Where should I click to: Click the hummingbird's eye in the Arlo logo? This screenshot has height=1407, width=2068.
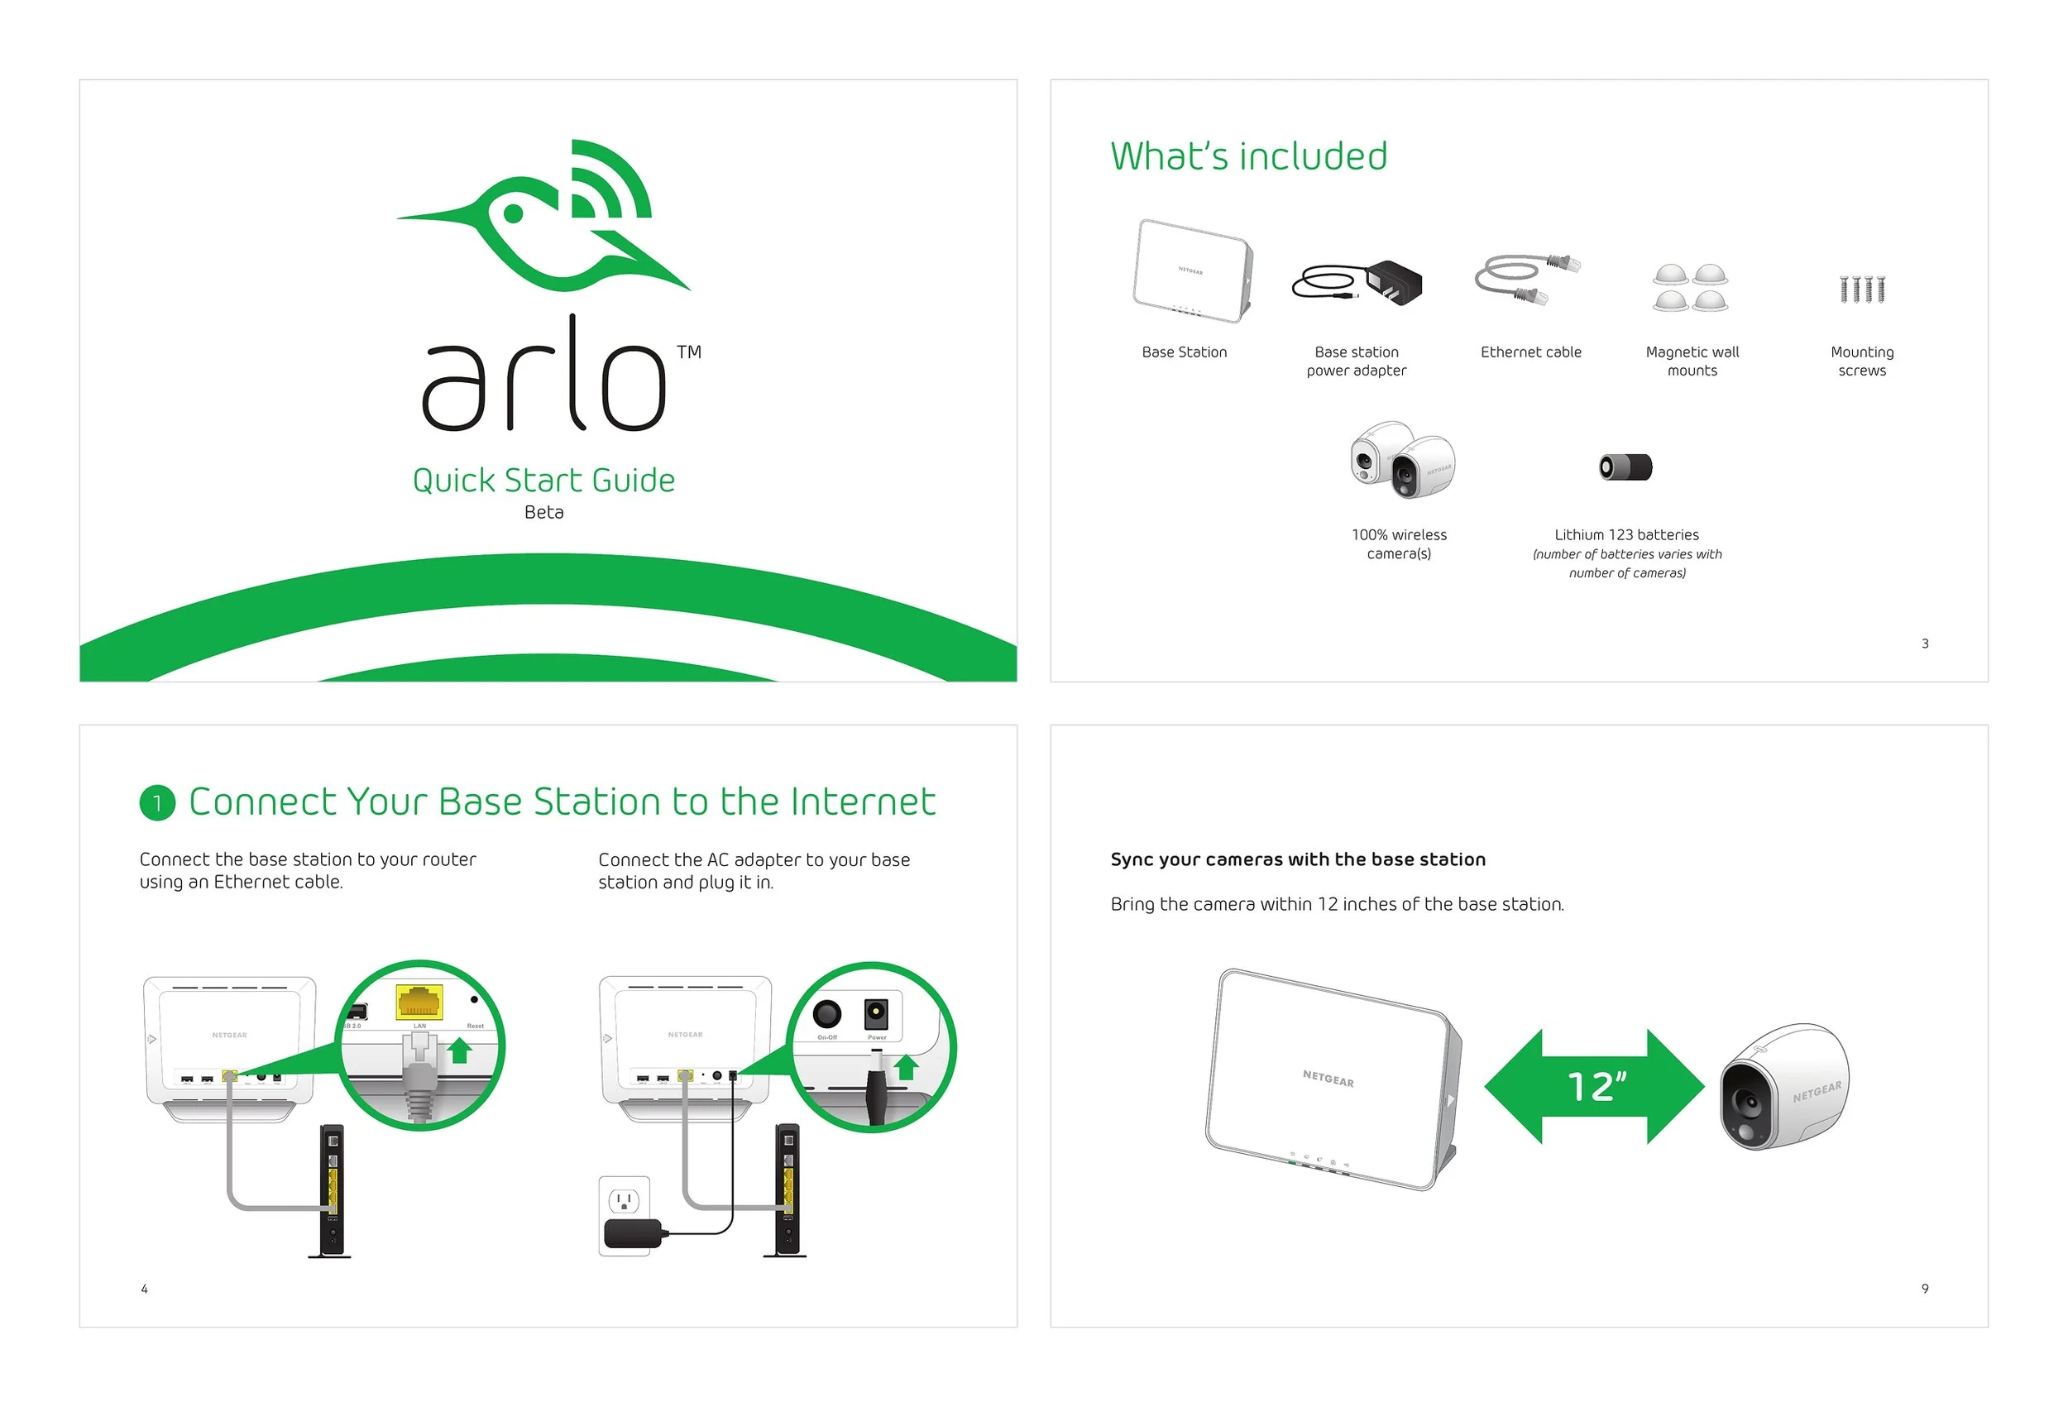[x=514, y=213]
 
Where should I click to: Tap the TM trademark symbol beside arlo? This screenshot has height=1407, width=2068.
[x=689, y=352]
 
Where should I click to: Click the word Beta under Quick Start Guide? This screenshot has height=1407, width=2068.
[x=543, y=512]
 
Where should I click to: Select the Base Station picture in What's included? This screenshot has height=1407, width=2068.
[x=1192, y=271]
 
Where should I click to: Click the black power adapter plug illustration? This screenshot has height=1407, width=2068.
[x=1394, y=283]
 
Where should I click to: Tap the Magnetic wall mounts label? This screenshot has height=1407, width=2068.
[x=1692, y=361]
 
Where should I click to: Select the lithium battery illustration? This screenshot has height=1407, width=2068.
[x=1625, y=467]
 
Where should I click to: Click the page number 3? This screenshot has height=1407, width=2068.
[x=1925, y=644]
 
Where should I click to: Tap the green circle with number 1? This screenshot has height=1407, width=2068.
[x=157, y=802]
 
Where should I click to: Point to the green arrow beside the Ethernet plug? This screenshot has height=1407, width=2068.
[x=459, y=1052]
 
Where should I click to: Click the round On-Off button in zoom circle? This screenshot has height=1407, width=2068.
[x=826, y=1013]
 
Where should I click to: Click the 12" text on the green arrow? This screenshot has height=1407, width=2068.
[x=1596, y=1087]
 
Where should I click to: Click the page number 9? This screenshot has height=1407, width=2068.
[x=1925, y=1289]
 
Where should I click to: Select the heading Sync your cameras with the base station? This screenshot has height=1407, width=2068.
[x=1297, y=859]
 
